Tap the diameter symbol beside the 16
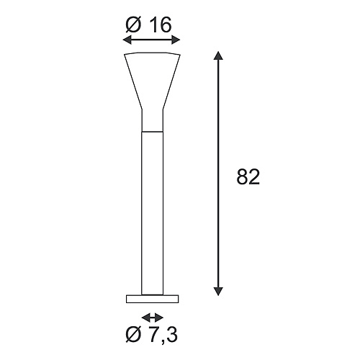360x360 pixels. [133, 25]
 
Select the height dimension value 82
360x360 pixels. [248, 177]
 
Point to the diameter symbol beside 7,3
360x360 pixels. [133, 335]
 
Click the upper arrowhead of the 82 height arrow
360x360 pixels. [218, 55]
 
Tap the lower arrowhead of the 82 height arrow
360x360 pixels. [218, 292]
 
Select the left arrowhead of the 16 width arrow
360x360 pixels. [127, 40]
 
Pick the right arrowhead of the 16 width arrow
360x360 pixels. [176, 40]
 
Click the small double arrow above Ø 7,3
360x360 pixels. [153, 318]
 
